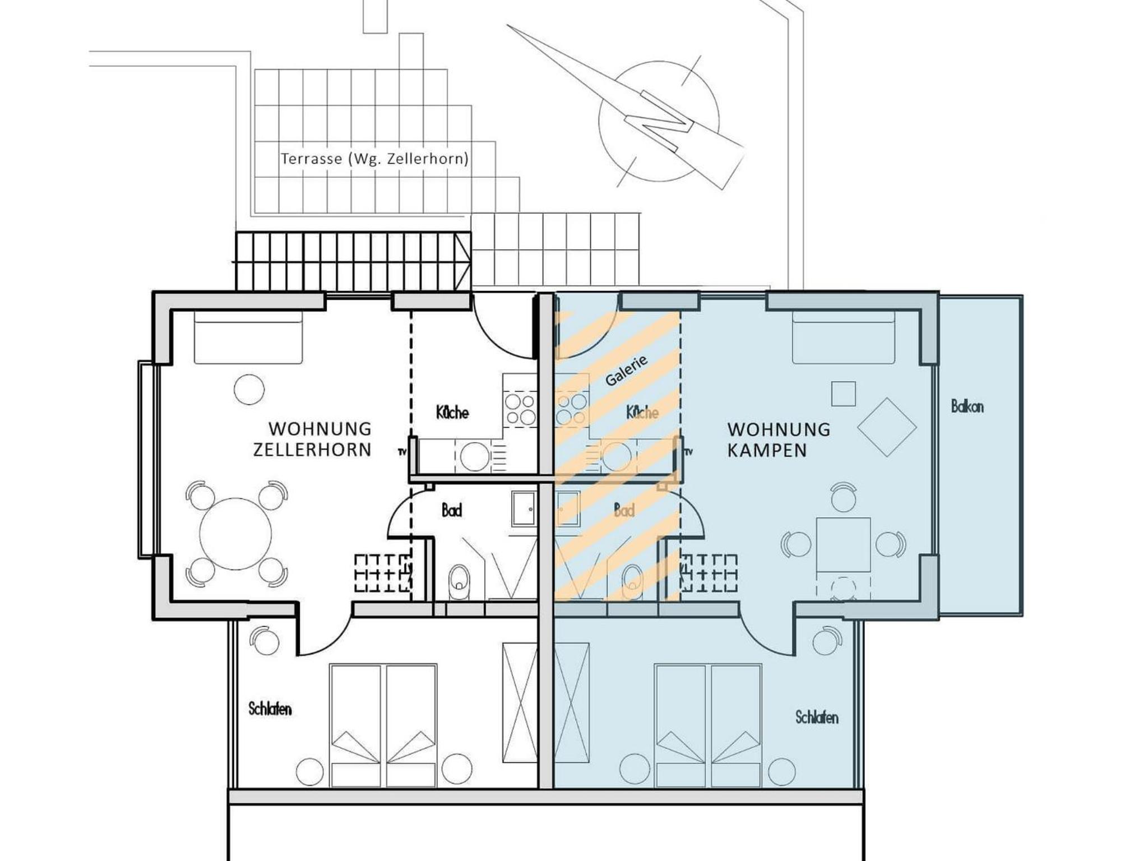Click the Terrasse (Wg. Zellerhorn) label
[x=374, y=159]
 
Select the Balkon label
[x=967, y=406]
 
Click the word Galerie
[x=626, y=371]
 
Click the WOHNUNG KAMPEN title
[x=779, y=439]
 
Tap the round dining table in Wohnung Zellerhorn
[x=235, y=534]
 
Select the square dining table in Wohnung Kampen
[x=843, y=545]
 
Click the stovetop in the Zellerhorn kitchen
[x=520, y=409]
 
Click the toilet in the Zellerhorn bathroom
[x=459, y=582]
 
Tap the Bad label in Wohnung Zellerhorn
[x=452, y=510]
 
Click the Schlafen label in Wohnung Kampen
[x=817, y=717]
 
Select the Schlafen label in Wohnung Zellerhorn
[x=270, y=709]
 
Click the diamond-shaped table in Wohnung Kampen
[x=887, y=427]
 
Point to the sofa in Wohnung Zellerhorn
[x=248, y=338]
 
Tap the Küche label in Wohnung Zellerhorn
[x=452, y=413]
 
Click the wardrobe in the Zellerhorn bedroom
[x=520, y=702]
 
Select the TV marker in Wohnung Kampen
[x=689, y=452]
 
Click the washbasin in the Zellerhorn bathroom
[x=524, y=509]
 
